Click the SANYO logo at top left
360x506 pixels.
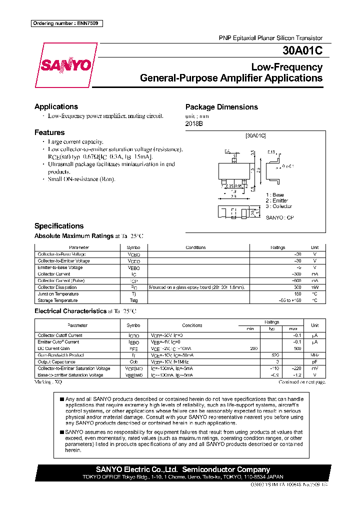(x=65, y=65)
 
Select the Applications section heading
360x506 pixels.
(x=56, y=106)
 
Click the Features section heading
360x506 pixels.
(x=49, y=132)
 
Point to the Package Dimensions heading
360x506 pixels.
(x=221, y=107)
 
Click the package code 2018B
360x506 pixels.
(x=194, y=123)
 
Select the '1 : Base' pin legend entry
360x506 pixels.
(x=275, y=194)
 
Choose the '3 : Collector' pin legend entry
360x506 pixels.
(x=279, y=206)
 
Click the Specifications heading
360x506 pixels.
(x=59, y=226)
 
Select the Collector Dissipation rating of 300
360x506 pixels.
(x=297, y=287)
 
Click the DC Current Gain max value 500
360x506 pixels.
(x=297, y=348)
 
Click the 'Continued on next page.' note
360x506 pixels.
(x=301, y=381)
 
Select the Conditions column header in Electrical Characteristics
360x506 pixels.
(x=192, y=325)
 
